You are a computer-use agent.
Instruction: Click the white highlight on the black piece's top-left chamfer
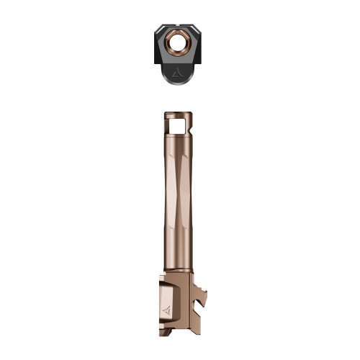coord(160,30)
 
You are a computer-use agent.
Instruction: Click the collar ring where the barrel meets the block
coord(179,270)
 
